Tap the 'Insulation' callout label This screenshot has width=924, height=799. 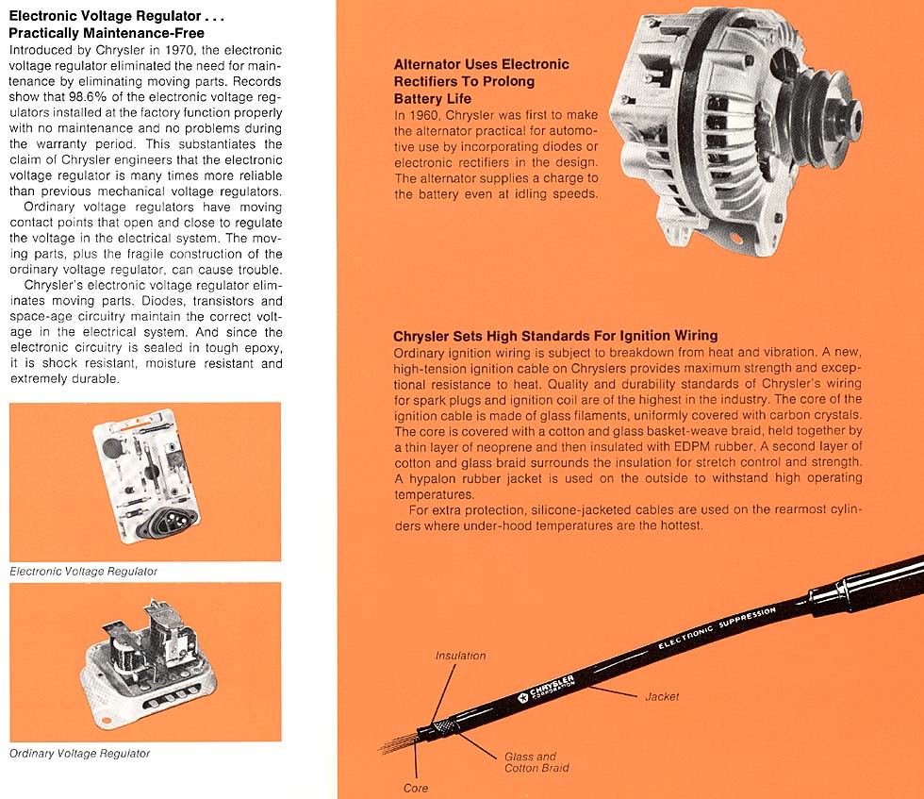[x=460, y=656]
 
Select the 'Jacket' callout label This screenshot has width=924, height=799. [x=662, y=697]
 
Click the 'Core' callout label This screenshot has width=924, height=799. [x=416, y=788]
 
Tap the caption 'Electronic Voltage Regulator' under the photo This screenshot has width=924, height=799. [x=84, y=572]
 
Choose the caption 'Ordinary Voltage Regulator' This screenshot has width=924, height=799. [x=79, y=754]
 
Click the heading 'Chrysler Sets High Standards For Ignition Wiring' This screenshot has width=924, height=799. [x=555, y=336]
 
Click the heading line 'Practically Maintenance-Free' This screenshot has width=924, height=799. [x=106, y=33]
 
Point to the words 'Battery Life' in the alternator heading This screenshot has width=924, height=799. [x=432, y=98]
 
